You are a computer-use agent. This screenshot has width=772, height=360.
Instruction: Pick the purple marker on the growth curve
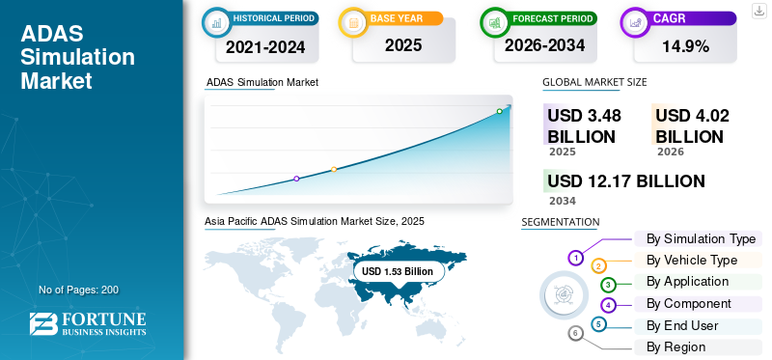[x=296, y=179]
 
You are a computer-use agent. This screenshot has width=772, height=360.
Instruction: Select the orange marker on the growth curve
[x=334, y=169]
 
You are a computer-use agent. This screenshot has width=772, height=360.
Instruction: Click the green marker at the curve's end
[x=500, y=111]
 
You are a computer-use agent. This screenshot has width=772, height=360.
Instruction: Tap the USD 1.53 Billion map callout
[x=398, y=272]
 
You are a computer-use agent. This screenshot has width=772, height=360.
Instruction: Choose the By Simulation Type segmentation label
[x=701, y=238]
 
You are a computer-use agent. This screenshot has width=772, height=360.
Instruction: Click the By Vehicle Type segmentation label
[x=692, y=260]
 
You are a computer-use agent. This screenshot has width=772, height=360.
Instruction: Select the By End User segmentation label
[x=682, y=325]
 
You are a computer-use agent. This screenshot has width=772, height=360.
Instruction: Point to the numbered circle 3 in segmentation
[x=608, y=285]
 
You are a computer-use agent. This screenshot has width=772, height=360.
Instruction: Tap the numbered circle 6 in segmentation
[x=576, y=334]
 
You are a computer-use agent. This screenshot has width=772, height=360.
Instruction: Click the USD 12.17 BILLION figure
[x=625, y=181]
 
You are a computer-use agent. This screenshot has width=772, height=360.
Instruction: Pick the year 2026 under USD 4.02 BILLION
[x=670, y=152]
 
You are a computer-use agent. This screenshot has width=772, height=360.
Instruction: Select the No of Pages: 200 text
[x=78, y=290]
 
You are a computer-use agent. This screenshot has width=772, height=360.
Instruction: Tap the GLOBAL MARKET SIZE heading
[x=594, y=82]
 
